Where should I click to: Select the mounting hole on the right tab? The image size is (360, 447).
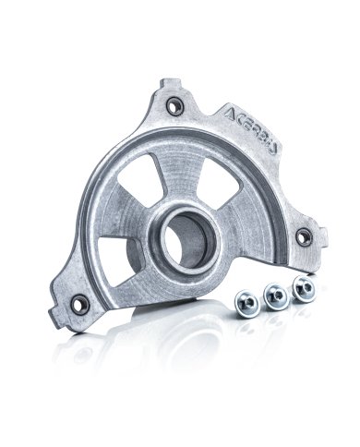click(x=300, y=236)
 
